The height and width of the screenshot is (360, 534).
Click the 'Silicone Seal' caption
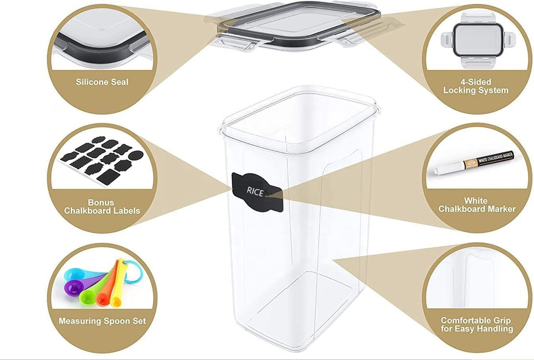[102, 82]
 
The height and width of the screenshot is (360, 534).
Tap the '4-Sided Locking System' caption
[475, 86]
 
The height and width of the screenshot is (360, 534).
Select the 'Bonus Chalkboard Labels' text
[102, 206]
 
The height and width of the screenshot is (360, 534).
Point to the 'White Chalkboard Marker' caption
[477, 205]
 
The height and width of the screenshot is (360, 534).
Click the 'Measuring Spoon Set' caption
[102, 320]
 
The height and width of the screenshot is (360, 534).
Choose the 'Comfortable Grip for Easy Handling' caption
[476, 325]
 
